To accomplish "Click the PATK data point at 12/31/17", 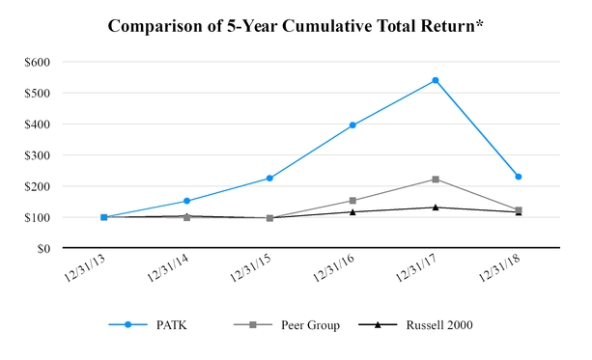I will [436, 80].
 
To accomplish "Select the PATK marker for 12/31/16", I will [352, 125].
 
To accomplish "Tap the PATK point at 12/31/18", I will [519, 177].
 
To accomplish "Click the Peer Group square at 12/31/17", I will [436, 180].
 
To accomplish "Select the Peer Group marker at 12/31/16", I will [352, 201].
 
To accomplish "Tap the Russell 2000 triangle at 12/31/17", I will [436, 207].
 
